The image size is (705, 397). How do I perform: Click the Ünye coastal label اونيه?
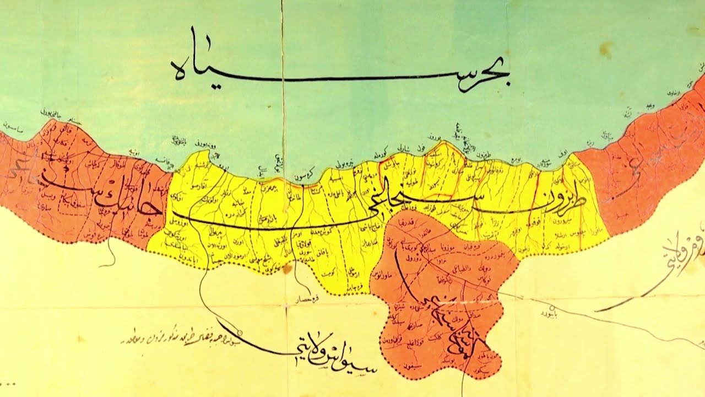135,152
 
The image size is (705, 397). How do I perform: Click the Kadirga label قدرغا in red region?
414,224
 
